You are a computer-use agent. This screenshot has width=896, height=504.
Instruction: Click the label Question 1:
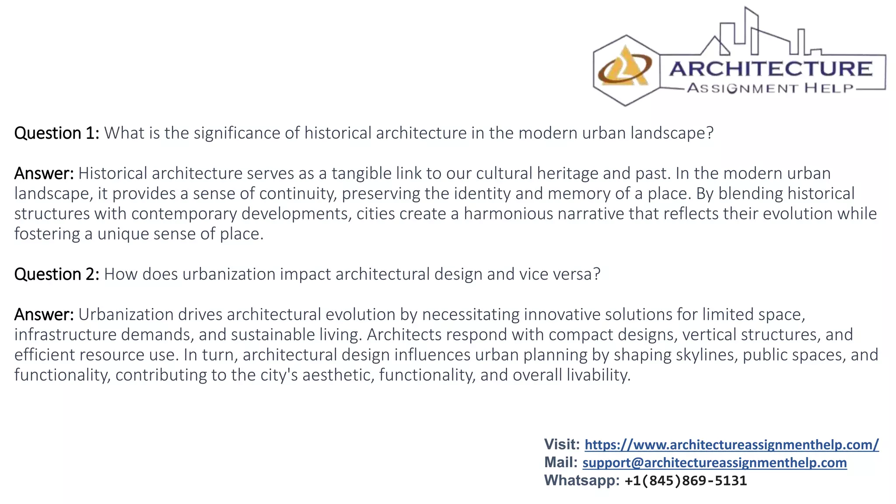(x=57, y=133)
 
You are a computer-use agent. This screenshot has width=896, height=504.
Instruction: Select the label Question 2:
(x=57, y=274)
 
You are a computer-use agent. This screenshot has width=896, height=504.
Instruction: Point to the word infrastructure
(x=66, y=335)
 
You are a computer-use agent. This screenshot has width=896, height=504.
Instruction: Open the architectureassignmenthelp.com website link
(x=731, y=445)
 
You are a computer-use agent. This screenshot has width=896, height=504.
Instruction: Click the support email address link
(x=714, y=463)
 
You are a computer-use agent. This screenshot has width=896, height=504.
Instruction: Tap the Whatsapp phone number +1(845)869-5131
(x=686, y=481)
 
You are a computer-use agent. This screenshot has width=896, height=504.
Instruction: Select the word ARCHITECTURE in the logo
(x=771, y=69)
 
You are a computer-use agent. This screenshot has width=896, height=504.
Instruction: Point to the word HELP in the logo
(x=829, y=88)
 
